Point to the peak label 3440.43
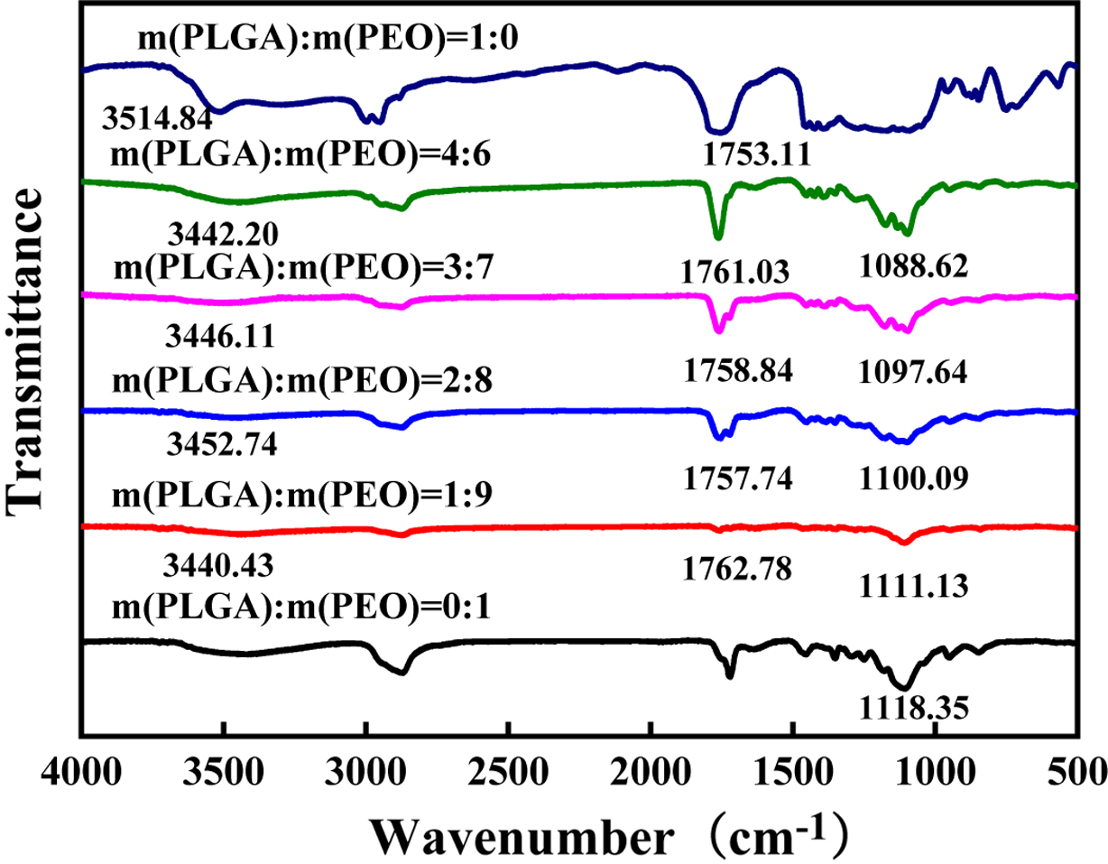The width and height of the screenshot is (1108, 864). [218, 567]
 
